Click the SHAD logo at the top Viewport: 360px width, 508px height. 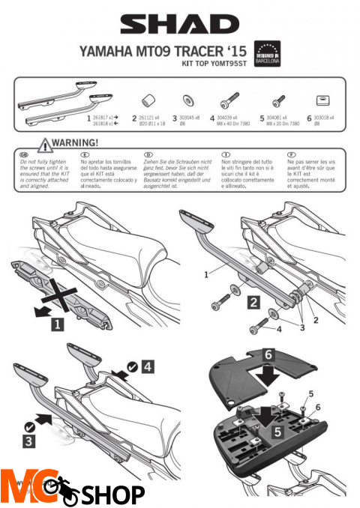coord(179,25)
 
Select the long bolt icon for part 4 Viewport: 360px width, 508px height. coord(229,100)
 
